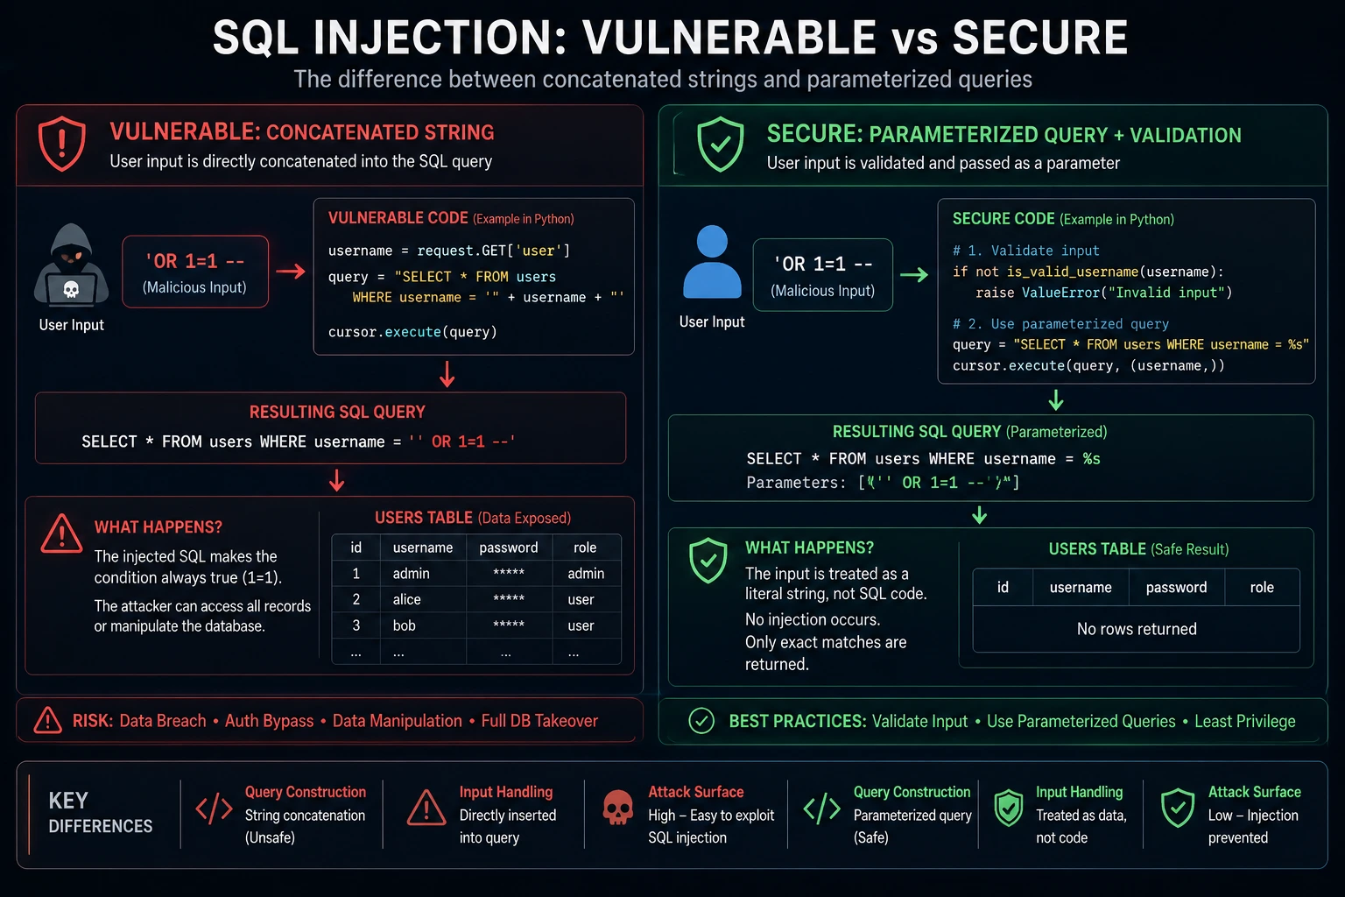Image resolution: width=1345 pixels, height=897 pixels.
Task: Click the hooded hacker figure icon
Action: click(x=72, y=265)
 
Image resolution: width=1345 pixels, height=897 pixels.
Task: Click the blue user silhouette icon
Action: click(x=712, y=262)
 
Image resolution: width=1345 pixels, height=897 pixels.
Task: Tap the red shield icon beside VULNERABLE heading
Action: click(x=62, y=145)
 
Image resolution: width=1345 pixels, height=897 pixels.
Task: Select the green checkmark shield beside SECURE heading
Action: click(x=721, y=145)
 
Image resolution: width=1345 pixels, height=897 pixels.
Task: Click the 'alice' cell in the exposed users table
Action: click(x=406, y=599)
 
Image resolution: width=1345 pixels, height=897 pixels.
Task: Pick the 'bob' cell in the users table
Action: click(x=404, y=625)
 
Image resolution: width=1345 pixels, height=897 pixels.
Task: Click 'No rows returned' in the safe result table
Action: click(x=1137, y=629)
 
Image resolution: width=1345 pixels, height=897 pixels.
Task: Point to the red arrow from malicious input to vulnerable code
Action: click(x=291, y=272)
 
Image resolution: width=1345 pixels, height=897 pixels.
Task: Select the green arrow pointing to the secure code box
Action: click(x=914, y=275)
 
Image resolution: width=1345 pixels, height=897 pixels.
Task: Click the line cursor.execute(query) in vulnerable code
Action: click(x=412, y=332)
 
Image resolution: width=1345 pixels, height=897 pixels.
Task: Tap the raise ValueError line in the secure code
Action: click(x=1103, y=293)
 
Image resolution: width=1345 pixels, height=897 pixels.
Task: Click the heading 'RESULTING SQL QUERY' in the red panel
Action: click(x=337, y=413)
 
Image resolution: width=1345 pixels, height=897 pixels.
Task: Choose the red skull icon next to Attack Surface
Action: click(x=617, y=808)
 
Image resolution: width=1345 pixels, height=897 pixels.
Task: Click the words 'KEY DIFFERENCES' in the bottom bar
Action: click(x=101, y=813)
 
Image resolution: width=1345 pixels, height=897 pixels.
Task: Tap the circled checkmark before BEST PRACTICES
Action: click(x=701, y=720)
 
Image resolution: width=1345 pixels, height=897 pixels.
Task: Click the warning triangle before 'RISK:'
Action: click(x=48, y=720)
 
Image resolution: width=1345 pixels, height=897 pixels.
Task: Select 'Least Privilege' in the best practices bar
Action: click(x=1244, y=721)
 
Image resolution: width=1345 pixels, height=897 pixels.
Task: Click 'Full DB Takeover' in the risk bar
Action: click(x=539, y=720)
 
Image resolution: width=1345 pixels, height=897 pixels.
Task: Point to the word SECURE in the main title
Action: click(x=1040, y=38)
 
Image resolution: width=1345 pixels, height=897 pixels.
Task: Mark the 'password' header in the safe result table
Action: click(x=1176, y=587)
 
